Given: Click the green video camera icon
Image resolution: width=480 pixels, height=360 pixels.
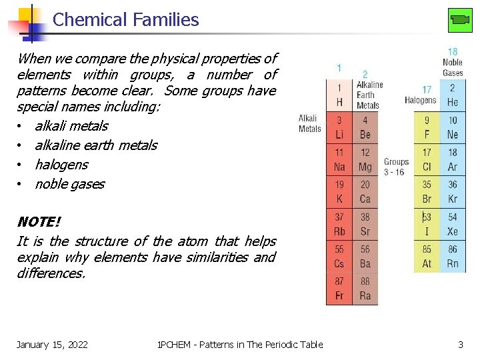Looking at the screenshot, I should [460, 20].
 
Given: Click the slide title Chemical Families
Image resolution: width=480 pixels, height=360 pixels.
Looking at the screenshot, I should [125, 20].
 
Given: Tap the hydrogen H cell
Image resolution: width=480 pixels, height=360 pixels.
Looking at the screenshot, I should [339, 95].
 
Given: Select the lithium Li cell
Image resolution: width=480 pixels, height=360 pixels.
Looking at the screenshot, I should [339, 128].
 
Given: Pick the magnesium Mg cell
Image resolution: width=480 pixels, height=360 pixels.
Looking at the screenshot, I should [365, 161].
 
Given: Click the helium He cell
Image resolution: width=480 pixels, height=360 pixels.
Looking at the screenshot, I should [453, 95].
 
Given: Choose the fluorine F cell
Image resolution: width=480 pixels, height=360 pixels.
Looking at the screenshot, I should [427, 128].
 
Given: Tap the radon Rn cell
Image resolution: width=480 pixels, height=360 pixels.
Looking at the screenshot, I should [453, 257].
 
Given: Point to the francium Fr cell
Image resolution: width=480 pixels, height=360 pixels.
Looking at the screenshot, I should [339, 289].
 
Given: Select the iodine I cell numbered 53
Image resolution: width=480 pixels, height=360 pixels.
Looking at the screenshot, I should [427, 225].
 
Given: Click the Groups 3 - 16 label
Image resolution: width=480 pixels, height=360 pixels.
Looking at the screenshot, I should [396, 167].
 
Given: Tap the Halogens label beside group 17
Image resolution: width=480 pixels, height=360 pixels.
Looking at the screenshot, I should [420, 100].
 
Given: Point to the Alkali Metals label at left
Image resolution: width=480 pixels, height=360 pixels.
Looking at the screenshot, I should [310, 124].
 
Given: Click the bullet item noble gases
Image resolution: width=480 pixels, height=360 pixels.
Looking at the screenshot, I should [69, 184].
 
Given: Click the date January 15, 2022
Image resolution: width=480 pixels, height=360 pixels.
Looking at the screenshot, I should [52, 345].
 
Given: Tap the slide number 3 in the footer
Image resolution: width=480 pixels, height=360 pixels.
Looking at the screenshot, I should [460, 345].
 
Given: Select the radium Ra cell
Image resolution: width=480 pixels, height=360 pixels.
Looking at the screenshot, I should [365, 289].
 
